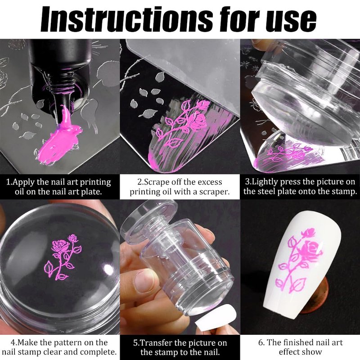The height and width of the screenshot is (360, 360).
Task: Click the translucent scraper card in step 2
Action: (x=184, y=71)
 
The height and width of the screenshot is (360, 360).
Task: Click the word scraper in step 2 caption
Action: (x=214, y=192)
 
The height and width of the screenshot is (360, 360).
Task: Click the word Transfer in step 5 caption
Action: (x=156, y=343)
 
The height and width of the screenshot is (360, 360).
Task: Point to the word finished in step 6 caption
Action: (x=299, y=342)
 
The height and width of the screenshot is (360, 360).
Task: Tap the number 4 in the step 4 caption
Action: (x=13, y=343)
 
